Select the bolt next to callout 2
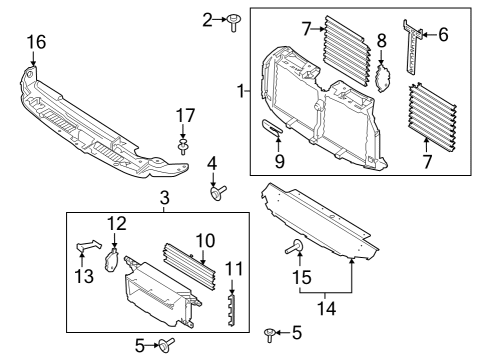231,19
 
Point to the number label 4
212,162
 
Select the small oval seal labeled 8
380,75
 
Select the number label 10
205,240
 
